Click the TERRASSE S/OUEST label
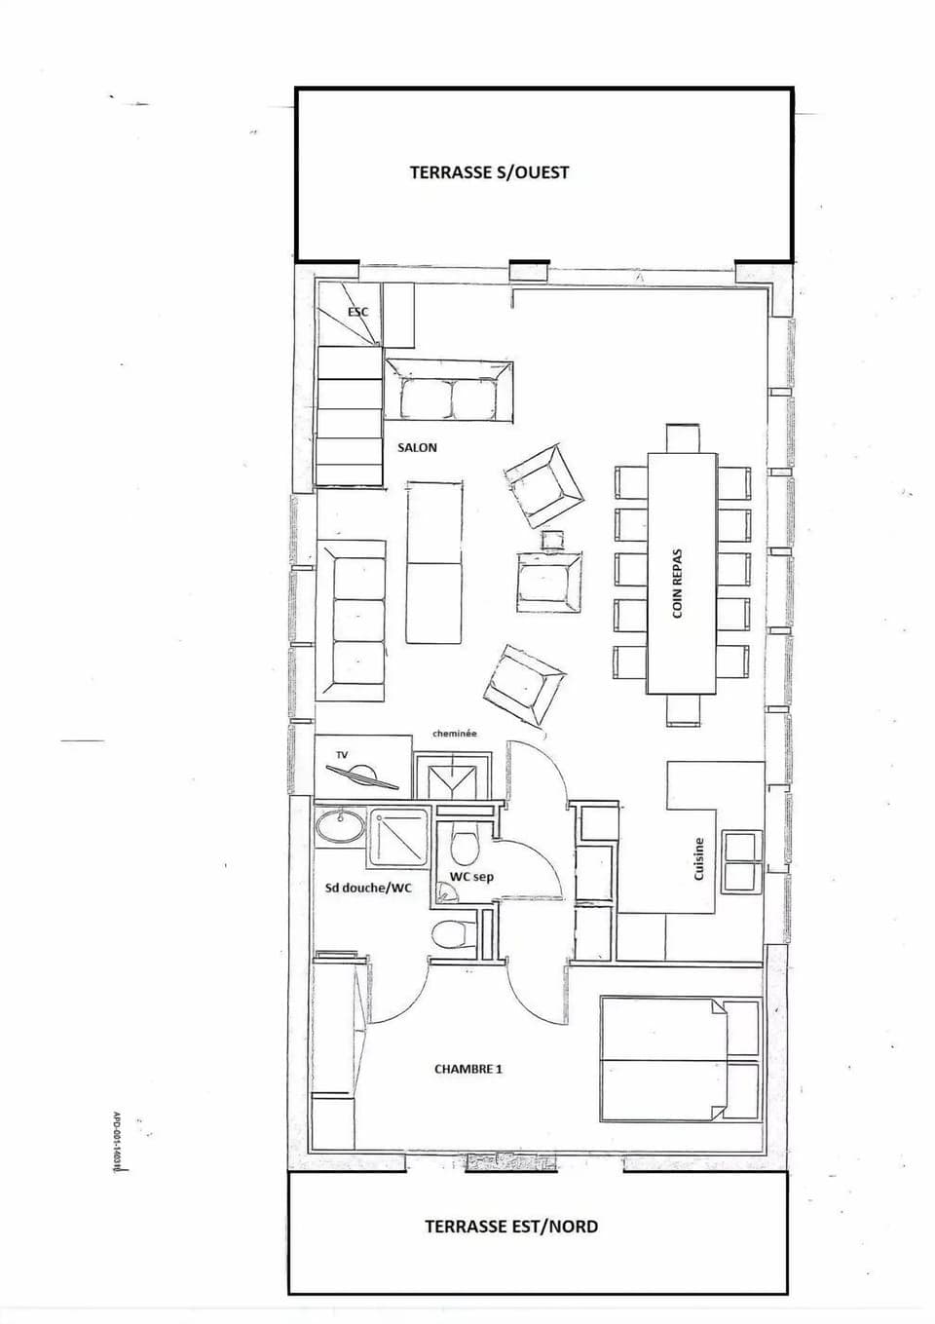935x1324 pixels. coord(489,172)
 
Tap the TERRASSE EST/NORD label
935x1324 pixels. coord(510,1227)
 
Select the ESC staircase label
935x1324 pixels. coord(357,312)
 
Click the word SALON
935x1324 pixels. coord(417,447)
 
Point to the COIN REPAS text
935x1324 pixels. coord(678,583)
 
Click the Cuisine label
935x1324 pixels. coord(698,859)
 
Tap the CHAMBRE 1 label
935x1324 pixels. coord(467,1069)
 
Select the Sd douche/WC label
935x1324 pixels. coord(368,889)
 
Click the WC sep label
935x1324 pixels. coord(470,877)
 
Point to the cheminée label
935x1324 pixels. coord(455,734)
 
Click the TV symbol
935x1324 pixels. coord(361,775)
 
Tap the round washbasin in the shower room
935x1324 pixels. coord(339,827)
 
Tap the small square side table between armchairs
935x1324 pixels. coord(552,539)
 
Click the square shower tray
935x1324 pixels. coord(398,837)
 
